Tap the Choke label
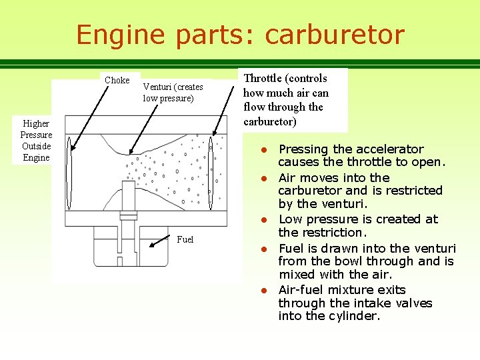[117, 81]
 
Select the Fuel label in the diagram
[185, 239]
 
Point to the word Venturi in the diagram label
[157, 87]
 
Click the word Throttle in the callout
[267, 79]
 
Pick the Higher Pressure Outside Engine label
[36, 141]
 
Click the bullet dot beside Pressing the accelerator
[264, 150]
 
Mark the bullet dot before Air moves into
[264, 179]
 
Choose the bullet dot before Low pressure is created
[264, 220]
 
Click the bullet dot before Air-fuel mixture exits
[264, 291]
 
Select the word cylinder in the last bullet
[355, 316]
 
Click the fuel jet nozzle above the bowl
[129, 215]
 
